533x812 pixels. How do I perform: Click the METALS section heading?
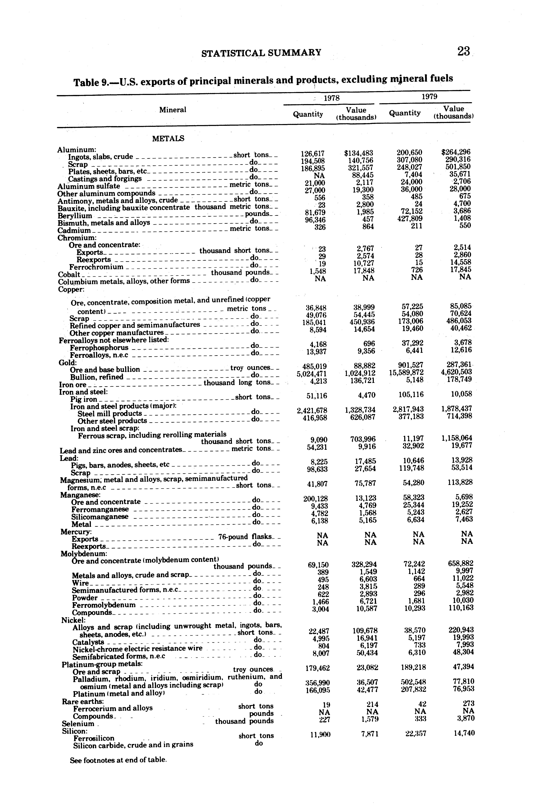coord(168,139)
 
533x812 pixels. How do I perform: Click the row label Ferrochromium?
coord(96,267)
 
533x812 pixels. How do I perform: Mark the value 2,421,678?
coord(312,410)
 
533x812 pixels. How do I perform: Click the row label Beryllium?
coord(75,216)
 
